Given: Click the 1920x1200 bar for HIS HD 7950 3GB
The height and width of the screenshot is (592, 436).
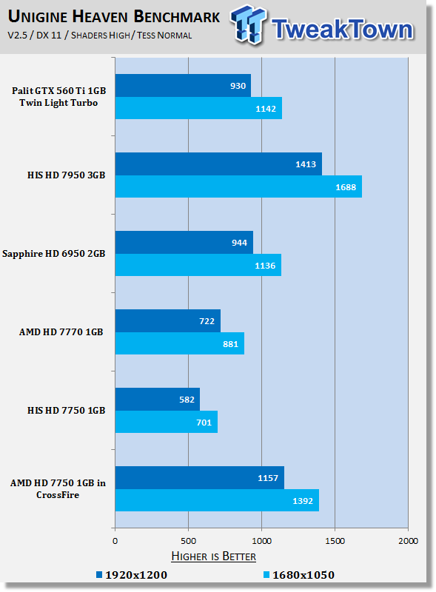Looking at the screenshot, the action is (218, 164).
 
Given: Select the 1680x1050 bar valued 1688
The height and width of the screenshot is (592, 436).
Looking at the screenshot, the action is (238, 186).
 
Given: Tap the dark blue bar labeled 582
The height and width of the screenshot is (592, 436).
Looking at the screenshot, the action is (158, 399).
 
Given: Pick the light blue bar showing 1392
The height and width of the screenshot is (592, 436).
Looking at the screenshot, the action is (217, 500).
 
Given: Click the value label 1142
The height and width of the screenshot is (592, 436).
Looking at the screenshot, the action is (266, 109).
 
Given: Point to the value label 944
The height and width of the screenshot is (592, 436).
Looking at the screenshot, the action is (239, 243).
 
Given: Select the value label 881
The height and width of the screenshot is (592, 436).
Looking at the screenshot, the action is (230, 344).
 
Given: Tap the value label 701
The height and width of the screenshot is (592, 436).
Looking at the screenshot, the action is (204, 423).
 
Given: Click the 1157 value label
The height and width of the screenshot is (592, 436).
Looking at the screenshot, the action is (268, 478).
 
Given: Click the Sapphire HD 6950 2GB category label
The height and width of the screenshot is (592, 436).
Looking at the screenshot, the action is (53, 254).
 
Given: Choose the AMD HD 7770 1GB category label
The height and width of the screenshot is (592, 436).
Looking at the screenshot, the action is (61, 332).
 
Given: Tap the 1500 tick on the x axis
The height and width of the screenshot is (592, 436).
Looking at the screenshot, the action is (335, 541).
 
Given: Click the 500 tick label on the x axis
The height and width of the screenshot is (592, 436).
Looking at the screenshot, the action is (188, 541).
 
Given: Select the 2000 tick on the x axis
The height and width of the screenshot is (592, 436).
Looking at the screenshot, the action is (408, 541).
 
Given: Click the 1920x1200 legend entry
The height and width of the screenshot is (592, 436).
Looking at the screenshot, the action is (132, 575).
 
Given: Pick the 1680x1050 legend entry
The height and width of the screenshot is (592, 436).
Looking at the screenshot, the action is (299, 575).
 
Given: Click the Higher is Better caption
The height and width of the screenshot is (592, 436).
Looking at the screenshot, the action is (213, 556).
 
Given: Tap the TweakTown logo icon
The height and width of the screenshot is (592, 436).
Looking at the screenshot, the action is (248, 25).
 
